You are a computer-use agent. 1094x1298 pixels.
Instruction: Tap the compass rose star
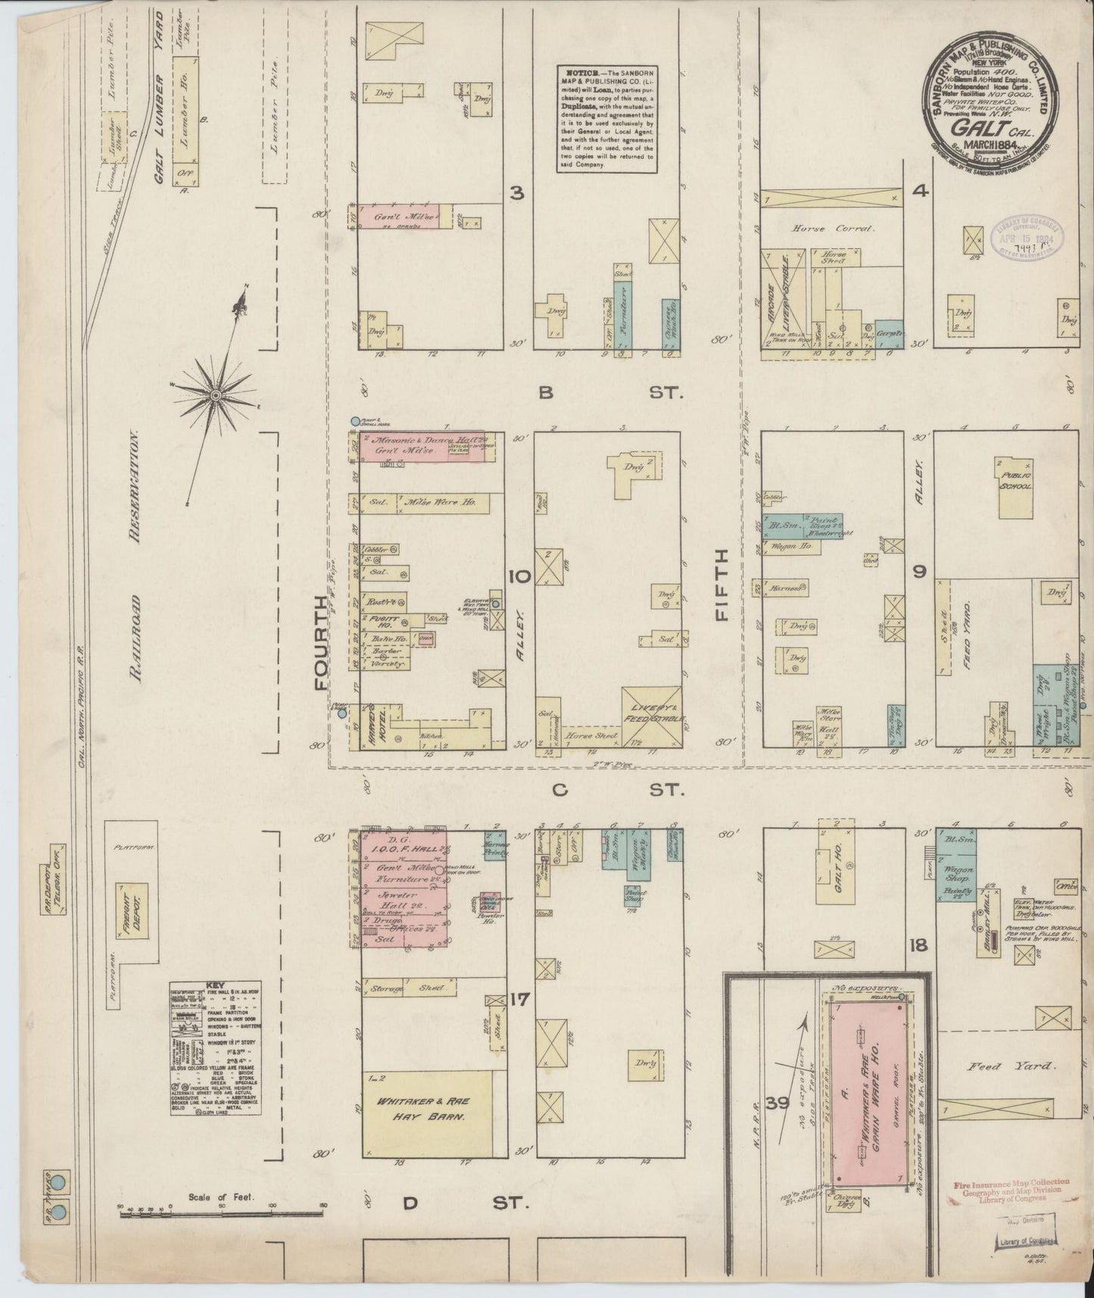216,395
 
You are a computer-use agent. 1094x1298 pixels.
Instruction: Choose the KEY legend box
216,1049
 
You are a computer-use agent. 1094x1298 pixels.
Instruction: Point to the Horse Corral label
831,228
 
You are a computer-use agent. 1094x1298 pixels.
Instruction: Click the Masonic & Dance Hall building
418,447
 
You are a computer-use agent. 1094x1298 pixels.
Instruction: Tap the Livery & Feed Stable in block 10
651,710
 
